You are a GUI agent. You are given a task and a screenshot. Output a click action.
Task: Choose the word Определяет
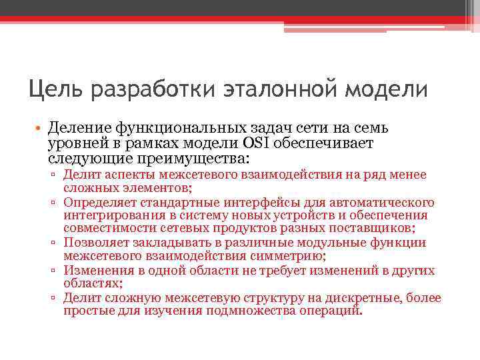[x=97, y=202]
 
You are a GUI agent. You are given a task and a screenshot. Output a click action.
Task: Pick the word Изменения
[x=95, y=270]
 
